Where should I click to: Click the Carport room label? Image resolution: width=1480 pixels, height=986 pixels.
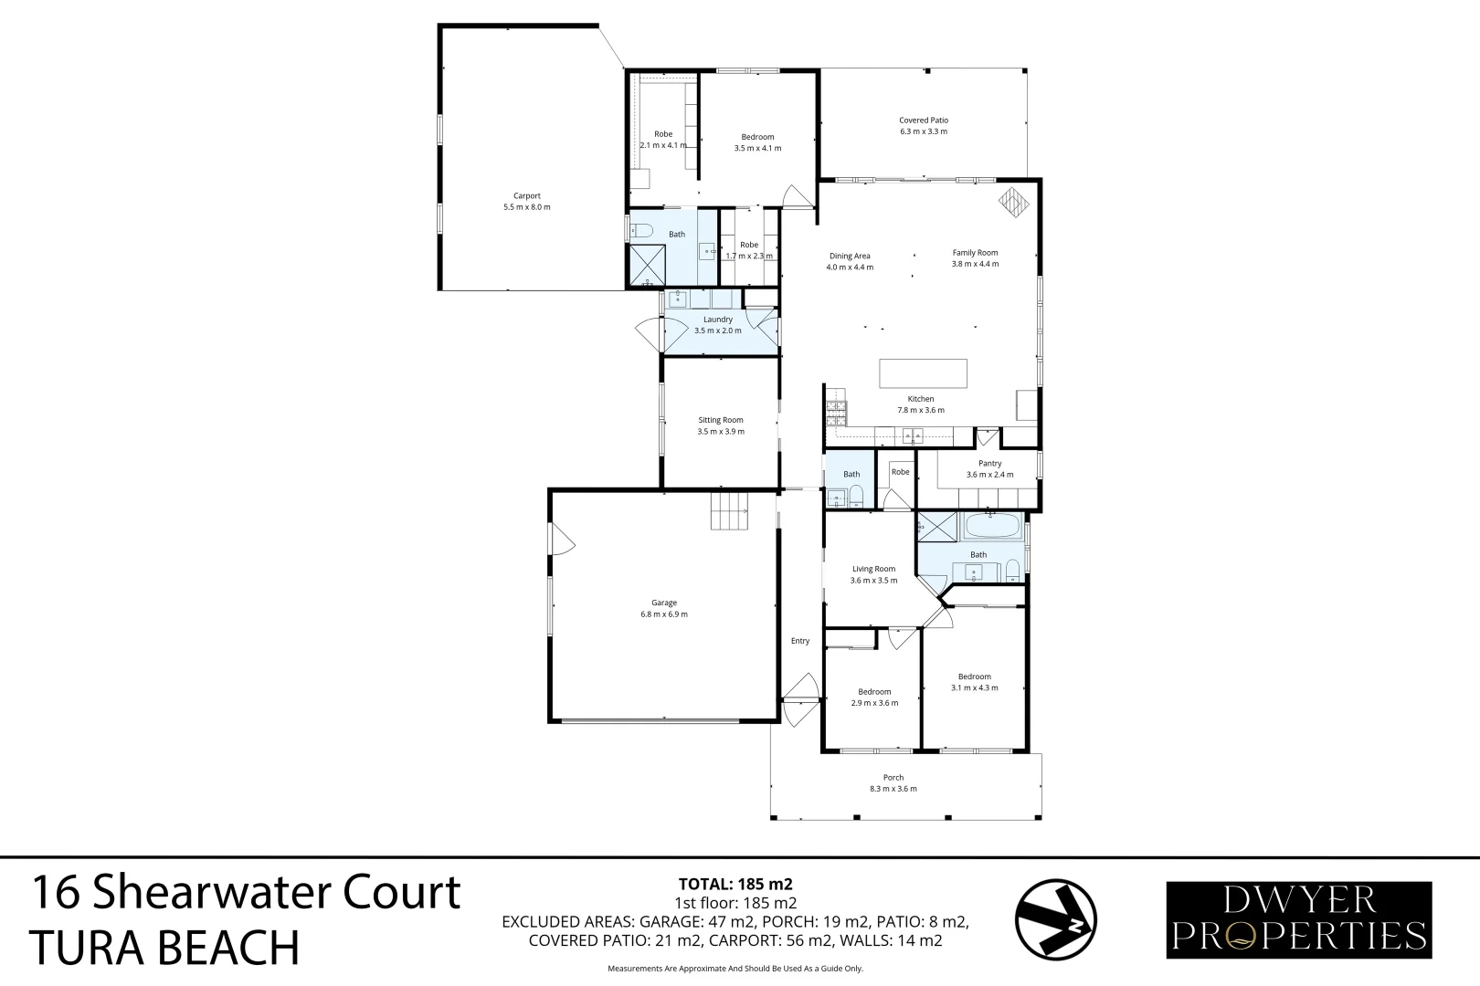(x=526, y=196)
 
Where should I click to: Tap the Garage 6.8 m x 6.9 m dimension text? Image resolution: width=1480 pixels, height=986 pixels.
(x=664, y=614)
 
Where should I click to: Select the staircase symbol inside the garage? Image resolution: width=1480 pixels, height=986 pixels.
(x=729, y=509)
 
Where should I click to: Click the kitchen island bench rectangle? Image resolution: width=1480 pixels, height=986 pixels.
(x=923, y=373)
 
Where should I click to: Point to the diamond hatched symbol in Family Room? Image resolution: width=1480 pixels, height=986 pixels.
(x=1012, y=202)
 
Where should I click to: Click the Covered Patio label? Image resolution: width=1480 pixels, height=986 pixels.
(x=923, y=121)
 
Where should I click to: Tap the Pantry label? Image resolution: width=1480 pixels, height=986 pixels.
(x=989, y=464)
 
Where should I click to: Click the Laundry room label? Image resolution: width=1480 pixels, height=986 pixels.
(x=718, y=320)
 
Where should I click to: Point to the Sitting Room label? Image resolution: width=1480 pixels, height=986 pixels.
(x=721, y=421)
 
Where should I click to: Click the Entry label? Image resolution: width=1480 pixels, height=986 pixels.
(x=800, y=641)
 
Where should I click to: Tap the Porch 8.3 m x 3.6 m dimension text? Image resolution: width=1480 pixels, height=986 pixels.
(x=893, y=789)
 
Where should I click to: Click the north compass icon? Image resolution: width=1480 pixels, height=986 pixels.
(x=1056, y=920)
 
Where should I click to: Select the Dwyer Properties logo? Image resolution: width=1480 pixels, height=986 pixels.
(x=1298, y=919)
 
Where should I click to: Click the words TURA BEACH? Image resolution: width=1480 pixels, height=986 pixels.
(x=164, y=948)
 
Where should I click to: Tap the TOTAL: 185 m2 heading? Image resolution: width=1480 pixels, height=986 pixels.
(x=735, y=884)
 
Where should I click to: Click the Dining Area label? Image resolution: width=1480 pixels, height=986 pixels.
(x=850, y=257)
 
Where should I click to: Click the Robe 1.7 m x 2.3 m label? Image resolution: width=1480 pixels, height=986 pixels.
(x=749, y=245)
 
